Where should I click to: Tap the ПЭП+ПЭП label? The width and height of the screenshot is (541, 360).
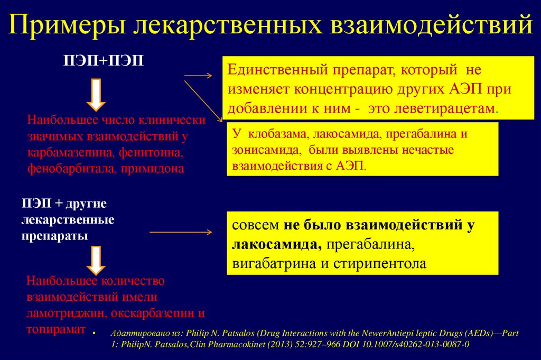(x=104, y=62)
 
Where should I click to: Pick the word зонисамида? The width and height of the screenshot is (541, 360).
(x=261, y=150)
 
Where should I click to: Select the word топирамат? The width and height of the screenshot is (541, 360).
(x=55, y=329)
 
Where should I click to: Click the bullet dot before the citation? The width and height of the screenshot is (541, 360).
(x=94, y=335)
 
